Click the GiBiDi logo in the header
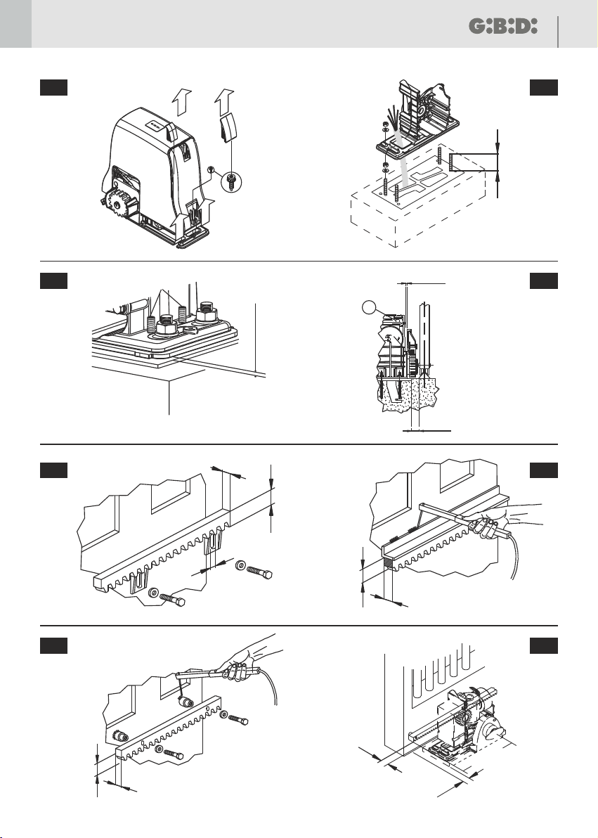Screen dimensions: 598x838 tap(503, 26)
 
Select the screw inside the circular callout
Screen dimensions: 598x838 tap(231, 179)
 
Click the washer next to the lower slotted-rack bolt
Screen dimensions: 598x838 tap(154, 592)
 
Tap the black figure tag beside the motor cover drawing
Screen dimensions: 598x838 tap(53, 87)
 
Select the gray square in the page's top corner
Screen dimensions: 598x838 tap(15, 24)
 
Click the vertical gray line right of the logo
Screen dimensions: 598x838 tap(558, 32)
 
